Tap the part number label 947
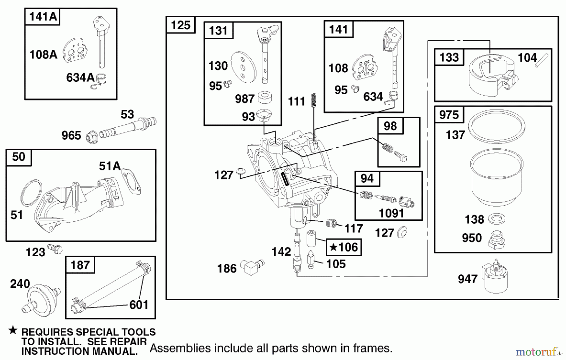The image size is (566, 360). pos(468,279)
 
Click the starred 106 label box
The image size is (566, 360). pos(344,247)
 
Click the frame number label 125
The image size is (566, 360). pos(180,25)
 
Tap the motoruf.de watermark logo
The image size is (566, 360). pos(538,351)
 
